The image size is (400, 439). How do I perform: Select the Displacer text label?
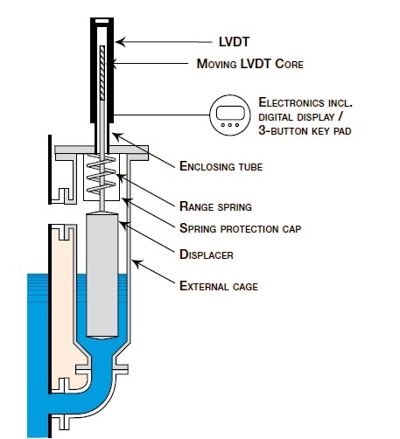207,255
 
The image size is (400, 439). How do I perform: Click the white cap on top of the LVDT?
103,18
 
